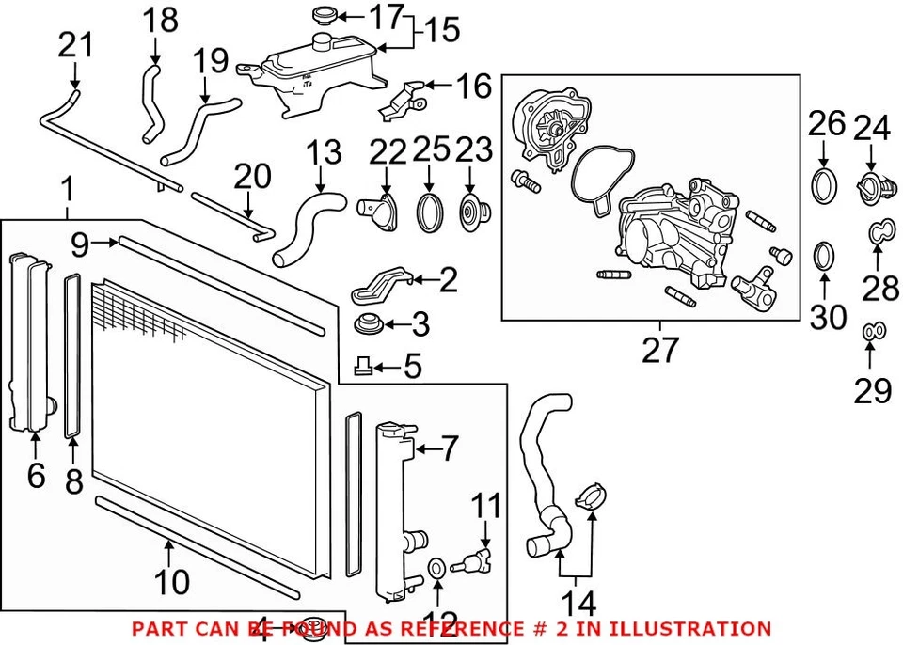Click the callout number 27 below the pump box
pyautogui.click(x=659, y=350)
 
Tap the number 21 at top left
pyautogui.click(x=76, y=44)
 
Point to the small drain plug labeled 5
pyautogui.click(x=362, y=366)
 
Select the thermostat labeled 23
pyautogui.click(x=467, y=210)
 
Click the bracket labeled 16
pyautogui.click(x=402, y=100)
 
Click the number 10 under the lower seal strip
pyautogui.click(x=171, y=582)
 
